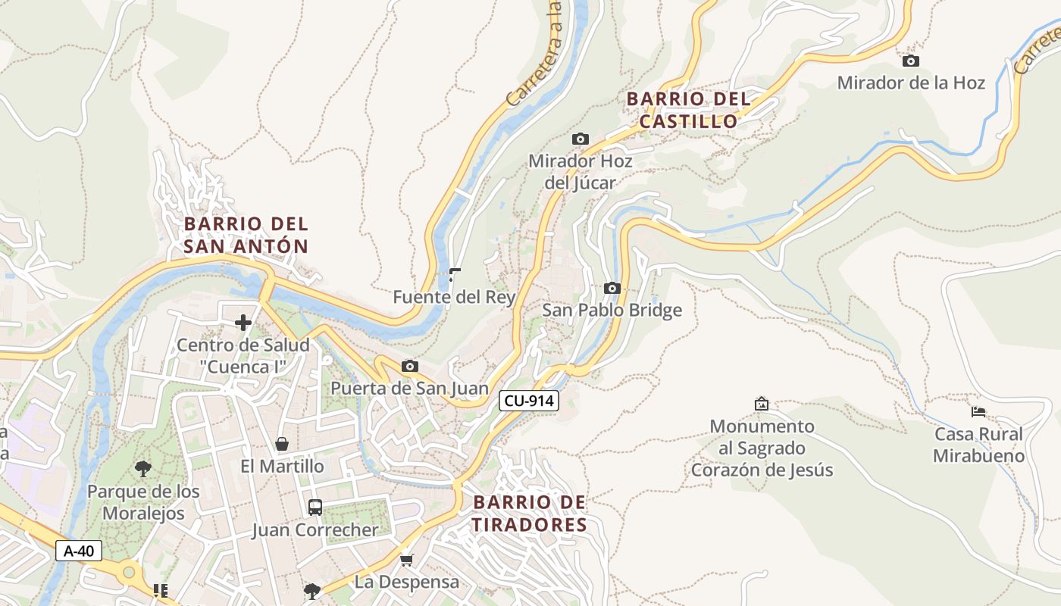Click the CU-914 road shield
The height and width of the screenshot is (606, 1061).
click(x=529, y=401)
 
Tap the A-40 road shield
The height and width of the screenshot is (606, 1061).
click(x=79, y=551)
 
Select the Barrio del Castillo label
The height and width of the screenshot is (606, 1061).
click(x=688, y=110)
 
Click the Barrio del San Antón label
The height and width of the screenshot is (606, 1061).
click(x=246, y=235)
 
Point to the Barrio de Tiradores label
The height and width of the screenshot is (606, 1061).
click(x=530, y=514)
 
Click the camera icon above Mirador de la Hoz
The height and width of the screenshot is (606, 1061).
click(x=911, y=61)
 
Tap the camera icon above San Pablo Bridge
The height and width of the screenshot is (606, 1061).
click(x=612, y=288)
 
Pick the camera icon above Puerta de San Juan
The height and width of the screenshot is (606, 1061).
click(x=409, y=367)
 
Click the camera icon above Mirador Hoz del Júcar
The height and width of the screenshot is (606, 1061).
click(x=581, y=139)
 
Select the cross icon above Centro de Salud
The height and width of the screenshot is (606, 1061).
click(x=243, y=323)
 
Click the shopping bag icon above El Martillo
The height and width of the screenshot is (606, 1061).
click(x=282, y=444)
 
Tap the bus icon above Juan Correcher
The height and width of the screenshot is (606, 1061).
click(x=315, y=508)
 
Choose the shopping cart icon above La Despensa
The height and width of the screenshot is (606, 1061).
click(x=407, y=560)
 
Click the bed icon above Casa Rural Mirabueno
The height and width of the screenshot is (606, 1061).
click(x=978, y=412)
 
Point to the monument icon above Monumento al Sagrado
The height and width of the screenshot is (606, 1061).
click(x=762, y=405)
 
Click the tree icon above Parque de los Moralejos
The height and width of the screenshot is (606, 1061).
click(x=143, y=469)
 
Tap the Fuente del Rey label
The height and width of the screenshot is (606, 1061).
click(x=454, y=298)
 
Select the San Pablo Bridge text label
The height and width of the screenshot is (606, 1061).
click(x=612, y=310)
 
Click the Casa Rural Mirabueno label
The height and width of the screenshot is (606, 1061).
click(x=978, y=445)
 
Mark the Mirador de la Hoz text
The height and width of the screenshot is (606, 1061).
click(x=911, y=83)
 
